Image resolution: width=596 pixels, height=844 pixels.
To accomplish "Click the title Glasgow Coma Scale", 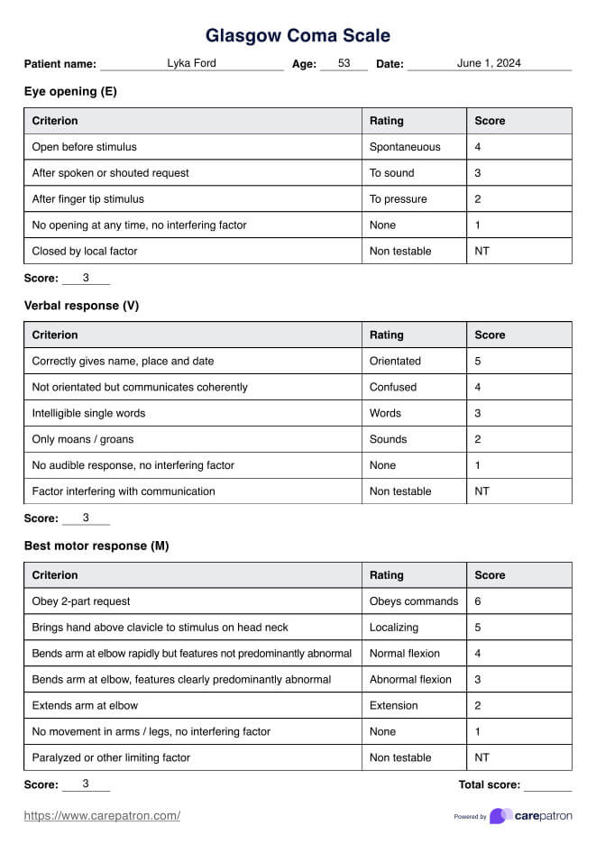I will [298, 36].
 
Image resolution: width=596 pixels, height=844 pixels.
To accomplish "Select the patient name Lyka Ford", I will [191, 63].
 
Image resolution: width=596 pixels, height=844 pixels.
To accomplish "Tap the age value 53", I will [344, 63].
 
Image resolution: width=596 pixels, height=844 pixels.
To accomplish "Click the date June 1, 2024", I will [489, 63].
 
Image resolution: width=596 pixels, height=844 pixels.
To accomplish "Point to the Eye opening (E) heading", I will [70, 91].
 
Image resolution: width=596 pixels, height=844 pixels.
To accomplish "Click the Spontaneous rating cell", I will [405, 147].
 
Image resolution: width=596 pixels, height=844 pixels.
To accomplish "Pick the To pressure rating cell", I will [399, 199].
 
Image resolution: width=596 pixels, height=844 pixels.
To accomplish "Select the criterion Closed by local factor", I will [85, 252].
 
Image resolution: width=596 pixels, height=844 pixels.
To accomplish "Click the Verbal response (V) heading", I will [81, 306].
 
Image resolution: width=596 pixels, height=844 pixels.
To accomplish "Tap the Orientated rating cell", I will [395, 362].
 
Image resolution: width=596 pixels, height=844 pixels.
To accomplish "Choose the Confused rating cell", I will [393, 388].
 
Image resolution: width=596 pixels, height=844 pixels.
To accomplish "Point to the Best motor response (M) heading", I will [96, 546].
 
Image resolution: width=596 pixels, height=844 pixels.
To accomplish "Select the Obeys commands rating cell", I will [414, 601].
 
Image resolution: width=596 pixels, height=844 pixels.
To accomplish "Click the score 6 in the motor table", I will [478, 601].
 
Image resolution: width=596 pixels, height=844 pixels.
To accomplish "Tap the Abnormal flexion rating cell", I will [410, 680].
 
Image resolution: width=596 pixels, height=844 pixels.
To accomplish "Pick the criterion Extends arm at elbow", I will [85, 706].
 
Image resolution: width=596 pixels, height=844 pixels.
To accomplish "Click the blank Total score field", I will [547, 784].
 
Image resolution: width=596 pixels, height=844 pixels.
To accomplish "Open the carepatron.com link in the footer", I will [102, 816].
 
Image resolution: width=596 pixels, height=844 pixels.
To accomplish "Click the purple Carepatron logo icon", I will [501, 816].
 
